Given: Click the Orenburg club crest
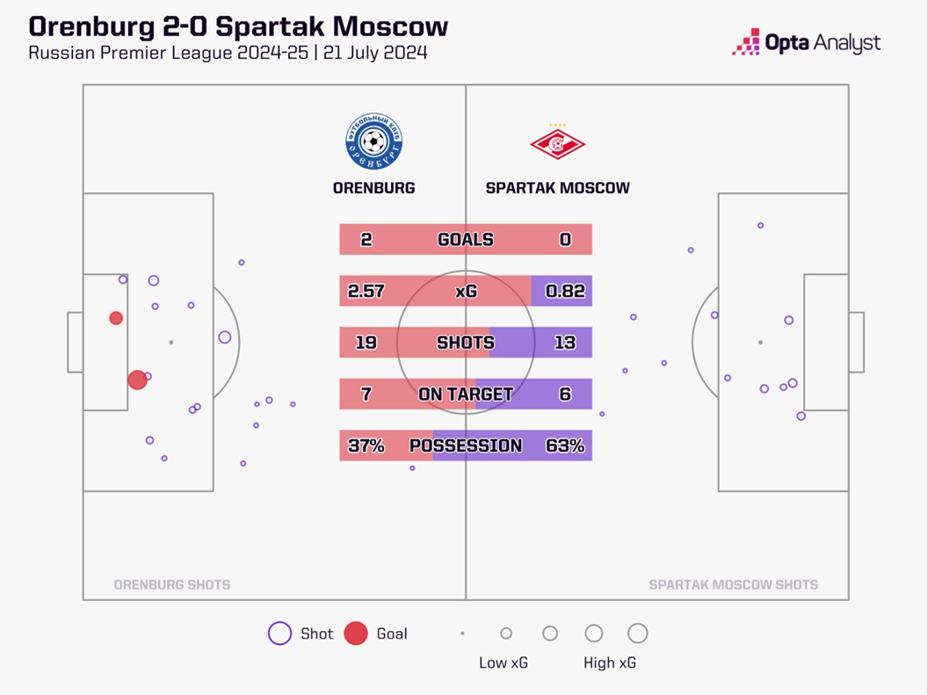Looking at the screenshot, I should tap(374, 142).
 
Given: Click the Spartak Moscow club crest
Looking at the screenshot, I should tap(557, 143).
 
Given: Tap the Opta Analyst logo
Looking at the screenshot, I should tap(806, 42).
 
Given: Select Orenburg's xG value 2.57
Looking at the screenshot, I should tap(366, 291).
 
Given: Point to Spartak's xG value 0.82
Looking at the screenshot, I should tap(565, 291).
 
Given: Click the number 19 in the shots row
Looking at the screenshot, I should tap(366, 343).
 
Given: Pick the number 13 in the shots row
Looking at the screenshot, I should tap(565, 343).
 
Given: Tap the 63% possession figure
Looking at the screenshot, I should tap(565, 445).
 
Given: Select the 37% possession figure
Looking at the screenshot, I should tap(366, 445).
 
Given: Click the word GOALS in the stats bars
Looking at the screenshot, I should tap(466, 240).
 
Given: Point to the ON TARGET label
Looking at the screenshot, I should tap(466, 395).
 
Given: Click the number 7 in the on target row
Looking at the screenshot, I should tap(366, 395).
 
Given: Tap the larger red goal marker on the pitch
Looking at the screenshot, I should tap(137, 380).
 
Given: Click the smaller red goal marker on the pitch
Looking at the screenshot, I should tap(116, 318).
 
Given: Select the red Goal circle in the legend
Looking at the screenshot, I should tap(355, 633).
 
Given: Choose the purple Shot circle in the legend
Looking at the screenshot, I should tap(279, 633).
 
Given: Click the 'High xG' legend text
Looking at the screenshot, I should tap(611, 663).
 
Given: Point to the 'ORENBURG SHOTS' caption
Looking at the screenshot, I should tap(172, 584).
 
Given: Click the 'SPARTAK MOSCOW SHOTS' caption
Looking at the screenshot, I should tap(733, 584).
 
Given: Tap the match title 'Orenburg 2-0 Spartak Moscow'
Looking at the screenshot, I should tap(238, 26).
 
